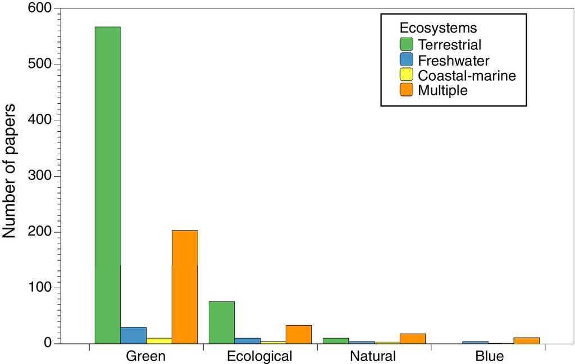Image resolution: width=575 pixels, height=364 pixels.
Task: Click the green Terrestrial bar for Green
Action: pos(108,185)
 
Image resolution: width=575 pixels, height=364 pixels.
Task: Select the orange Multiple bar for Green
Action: pos(185,287)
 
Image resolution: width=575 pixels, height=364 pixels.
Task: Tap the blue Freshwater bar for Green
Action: pos(134,335)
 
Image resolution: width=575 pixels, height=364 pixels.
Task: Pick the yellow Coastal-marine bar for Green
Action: pos(159,340)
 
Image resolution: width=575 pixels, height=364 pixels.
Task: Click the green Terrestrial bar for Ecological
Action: pos(222,322)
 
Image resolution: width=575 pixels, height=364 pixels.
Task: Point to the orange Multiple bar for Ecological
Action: pos(299,334)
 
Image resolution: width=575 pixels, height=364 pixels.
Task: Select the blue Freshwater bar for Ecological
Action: pos(248,340)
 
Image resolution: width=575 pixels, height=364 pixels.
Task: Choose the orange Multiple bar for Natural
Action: pos(413,338)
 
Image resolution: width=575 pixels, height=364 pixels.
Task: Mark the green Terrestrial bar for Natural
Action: pos(336,340)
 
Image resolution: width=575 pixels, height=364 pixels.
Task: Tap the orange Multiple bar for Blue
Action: pos(527,340)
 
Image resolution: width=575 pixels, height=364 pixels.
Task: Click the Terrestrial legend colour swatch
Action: pos(406,44)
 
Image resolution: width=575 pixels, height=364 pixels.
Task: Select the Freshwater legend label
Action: pos(454,60)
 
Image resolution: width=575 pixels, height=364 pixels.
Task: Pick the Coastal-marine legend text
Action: pos(467,75)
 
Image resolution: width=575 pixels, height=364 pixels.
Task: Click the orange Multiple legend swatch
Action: pos(406,90)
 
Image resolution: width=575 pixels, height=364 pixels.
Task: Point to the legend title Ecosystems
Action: pos(439,27)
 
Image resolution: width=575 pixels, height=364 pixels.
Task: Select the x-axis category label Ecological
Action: pos(259,356)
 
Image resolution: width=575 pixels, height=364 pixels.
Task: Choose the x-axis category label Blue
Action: pos(489,356)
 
